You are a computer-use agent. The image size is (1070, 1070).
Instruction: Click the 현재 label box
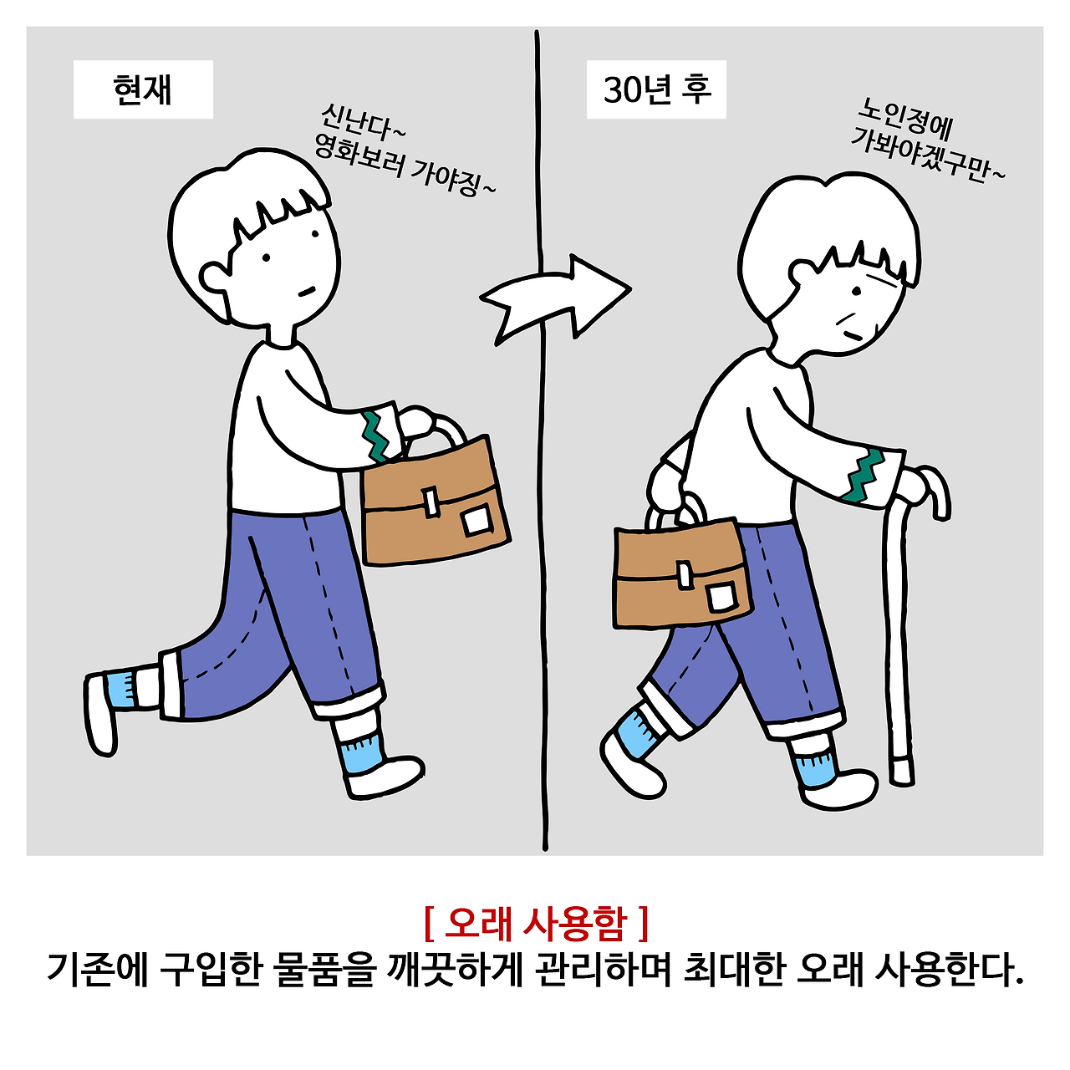tap(143, 89)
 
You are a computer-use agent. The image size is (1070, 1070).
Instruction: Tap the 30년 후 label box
tap(656, 89)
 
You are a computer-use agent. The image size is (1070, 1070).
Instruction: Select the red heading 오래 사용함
tap(536, 925)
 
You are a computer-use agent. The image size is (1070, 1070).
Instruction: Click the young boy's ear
tap(214, 278)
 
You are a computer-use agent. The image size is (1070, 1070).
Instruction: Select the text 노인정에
tap(903, 120)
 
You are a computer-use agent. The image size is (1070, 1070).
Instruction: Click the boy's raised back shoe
tap(100, 715)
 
